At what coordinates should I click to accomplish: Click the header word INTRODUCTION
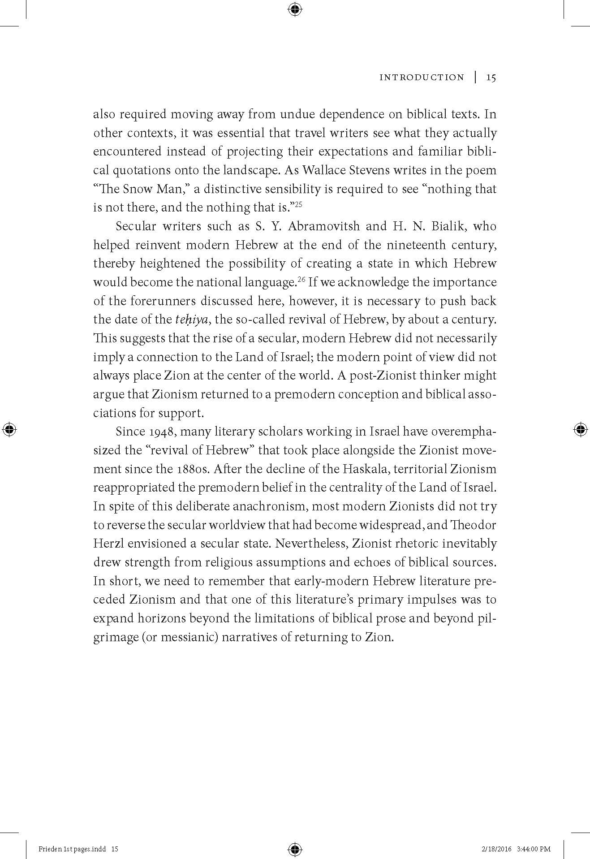tap(422, 78)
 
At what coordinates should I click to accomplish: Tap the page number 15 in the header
tap(491, 78)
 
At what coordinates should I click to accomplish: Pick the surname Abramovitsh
tap(323, 226)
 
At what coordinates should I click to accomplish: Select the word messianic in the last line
tap(187, 637)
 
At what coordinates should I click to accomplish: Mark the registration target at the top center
tap(295, 9)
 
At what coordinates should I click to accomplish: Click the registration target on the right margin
tap(580, 429)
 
